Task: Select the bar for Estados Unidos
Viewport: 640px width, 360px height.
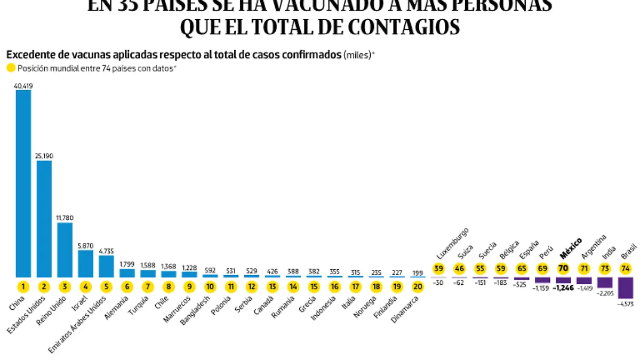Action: (44, 218)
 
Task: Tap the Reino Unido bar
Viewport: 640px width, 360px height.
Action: (65, 250)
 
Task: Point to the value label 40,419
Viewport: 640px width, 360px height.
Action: (23, 85)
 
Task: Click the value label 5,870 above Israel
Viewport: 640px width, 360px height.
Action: (86, 245)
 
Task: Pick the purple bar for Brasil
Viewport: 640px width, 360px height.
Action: (626, 287)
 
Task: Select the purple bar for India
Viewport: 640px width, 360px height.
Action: (605, 282)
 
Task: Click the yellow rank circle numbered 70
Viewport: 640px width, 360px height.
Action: (563, 269)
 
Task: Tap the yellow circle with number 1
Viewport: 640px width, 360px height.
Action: (23, 286)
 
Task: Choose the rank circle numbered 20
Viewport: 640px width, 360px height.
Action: (418, 286)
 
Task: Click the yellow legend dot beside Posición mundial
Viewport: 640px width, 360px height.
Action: (11, 68)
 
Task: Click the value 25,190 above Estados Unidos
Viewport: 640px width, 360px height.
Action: (44, 156)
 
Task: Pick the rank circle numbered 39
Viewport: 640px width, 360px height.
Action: (438, 269)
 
